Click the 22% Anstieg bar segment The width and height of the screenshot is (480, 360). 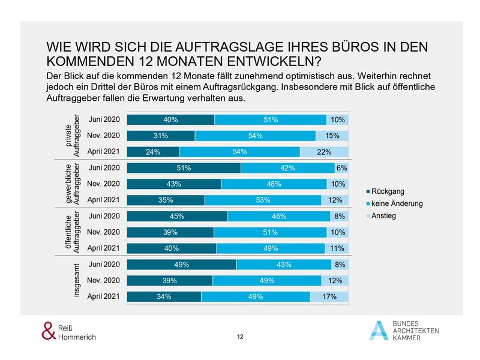pyautogui.click(x=324, y=152)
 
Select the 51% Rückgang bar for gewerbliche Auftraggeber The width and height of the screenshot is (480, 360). pyautogui.click(x=184, y=168)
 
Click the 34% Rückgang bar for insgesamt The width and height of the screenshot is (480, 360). pyautogui.click(x=164, y=296)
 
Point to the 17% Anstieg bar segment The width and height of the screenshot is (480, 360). pyautogui.click(x=329, y=296)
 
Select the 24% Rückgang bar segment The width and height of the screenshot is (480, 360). pyautogui.click(x=153, y=152)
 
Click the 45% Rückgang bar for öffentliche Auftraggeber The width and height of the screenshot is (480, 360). pyautogui.click(x=178, y=216)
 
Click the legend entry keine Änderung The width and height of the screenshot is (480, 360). pyautogui.click(x=397, y=204)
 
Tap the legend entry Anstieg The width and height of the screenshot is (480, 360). pyautogui.click(x=384, y=216)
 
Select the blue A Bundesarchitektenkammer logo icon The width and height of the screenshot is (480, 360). pyautogui.click(x=378, y=330)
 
